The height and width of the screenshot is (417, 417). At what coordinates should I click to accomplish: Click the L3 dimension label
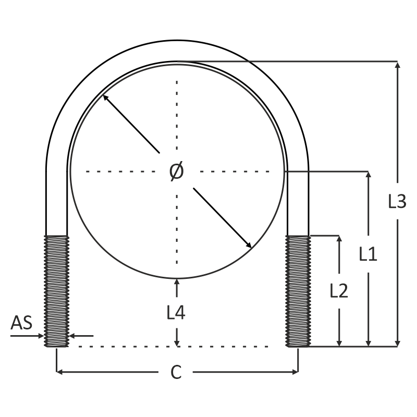(x=397, y=201)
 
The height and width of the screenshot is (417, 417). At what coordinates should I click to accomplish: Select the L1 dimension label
(x=368, y=254)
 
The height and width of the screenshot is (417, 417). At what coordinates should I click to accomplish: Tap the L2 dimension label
(x=339, y=291)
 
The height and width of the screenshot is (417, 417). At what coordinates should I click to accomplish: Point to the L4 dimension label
(x=176, y=312)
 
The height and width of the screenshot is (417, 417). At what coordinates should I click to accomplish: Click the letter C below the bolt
(x=176, y=372)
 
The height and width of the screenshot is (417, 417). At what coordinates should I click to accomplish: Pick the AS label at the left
(x=21, y=323)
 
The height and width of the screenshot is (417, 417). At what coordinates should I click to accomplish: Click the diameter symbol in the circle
(x=177, y=171)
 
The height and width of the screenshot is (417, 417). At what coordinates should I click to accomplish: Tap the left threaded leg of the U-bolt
(x=56, y=291)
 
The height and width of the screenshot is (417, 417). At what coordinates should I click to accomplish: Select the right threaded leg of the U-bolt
(x=298, y=291)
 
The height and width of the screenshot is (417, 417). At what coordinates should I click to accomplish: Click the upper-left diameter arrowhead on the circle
(x=105, y=97)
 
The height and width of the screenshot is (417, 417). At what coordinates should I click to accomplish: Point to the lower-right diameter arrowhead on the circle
(x=249, y=245)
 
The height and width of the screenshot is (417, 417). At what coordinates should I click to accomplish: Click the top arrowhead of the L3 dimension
(x=398, y=65)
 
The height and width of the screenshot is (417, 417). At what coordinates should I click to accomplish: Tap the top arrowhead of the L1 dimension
(x=369, y=175)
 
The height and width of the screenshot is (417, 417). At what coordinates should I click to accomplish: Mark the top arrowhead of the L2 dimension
(x=339, y=239)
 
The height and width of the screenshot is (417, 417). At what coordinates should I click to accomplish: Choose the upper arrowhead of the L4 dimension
(x=177, y=282)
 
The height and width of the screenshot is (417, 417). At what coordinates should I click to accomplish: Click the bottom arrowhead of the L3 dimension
(x=398, y=342)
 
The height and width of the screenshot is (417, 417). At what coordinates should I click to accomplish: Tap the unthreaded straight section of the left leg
(x=56, y=203)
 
